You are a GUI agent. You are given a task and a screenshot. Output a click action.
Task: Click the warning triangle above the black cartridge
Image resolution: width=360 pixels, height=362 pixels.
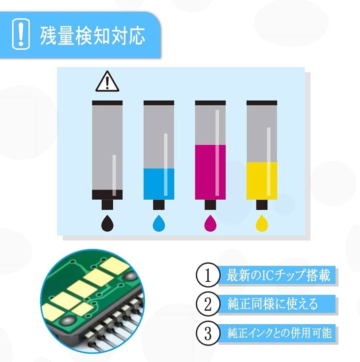click(x=107, y=82)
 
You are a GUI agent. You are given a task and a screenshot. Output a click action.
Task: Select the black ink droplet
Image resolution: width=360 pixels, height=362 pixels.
click(x=108, y=223)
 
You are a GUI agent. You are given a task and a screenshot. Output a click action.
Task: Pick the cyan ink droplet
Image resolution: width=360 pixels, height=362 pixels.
click(x=159, y=223)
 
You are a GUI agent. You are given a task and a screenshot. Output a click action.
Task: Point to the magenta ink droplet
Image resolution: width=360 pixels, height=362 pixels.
click(x=210, y=223)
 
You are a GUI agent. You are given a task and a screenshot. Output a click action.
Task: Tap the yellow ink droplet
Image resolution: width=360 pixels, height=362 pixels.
click(x=262, y=223)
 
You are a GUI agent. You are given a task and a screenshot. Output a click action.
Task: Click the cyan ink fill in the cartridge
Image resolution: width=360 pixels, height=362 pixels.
click(x=159, y=184)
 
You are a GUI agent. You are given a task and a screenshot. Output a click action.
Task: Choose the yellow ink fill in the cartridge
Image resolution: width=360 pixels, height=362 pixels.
click(x=262, y=180)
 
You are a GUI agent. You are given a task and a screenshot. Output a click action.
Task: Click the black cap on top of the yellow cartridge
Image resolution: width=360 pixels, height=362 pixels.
click(x=262, y=103)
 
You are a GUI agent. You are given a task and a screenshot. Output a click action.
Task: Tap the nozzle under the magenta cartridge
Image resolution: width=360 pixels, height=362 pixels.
click(x=210, y=205)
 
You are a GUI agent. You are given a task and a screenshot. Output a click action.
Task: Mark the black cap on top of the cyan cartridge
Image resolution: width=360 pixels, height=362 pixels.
click(x=159, y=103)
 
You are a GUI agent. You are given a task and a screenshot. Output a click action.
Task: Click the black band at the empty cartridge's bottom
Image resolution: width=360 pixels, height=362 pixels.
click(x=108, y=194)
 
